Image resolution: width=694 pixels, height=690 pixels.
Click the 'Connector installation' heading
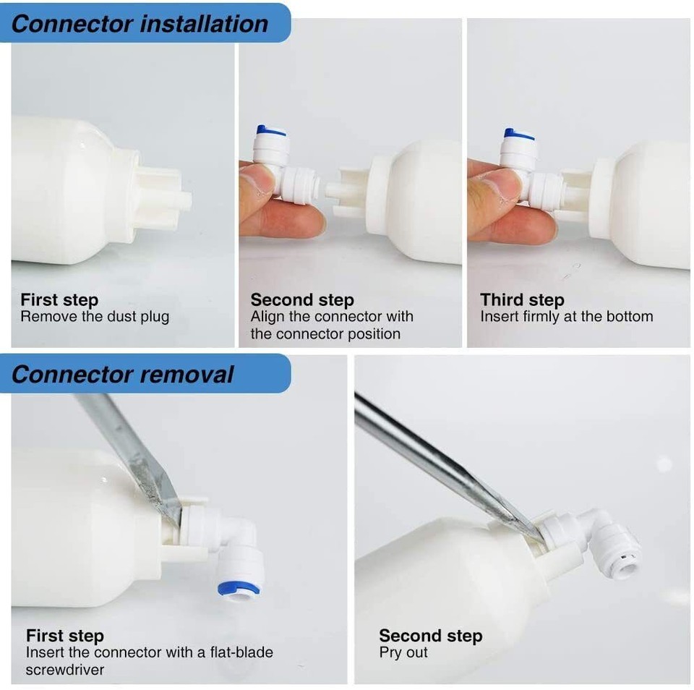point(140,23)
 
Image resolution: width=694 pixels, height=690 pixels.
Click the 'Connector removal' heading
point(123,374)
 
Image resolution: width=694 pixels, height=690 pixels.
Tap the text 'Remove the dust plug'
point(95,317)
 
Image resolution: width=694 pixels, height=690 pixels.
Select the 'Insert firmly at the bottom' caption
point(566,317)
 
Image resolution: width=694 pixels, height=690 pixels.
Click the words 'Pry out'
point(403,652)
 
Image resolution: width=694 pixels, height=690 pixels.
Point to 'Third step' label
point(522,299)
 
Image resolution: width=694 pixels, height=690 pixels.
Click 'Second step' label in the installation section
point(302,299)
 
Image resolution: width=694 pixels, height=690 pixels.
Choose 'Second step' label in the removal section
point(430,636)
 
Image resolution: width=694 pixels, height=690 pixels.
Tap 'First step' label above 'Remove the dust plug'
point(59,299)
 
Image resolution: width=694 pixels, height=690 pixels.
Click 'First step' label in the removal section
point(65,636)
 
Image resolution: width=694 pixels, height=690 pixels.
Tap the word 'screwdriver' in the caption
point(65,670)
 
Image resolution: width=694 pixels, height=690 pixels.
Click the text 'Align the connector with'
point(332,317)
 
